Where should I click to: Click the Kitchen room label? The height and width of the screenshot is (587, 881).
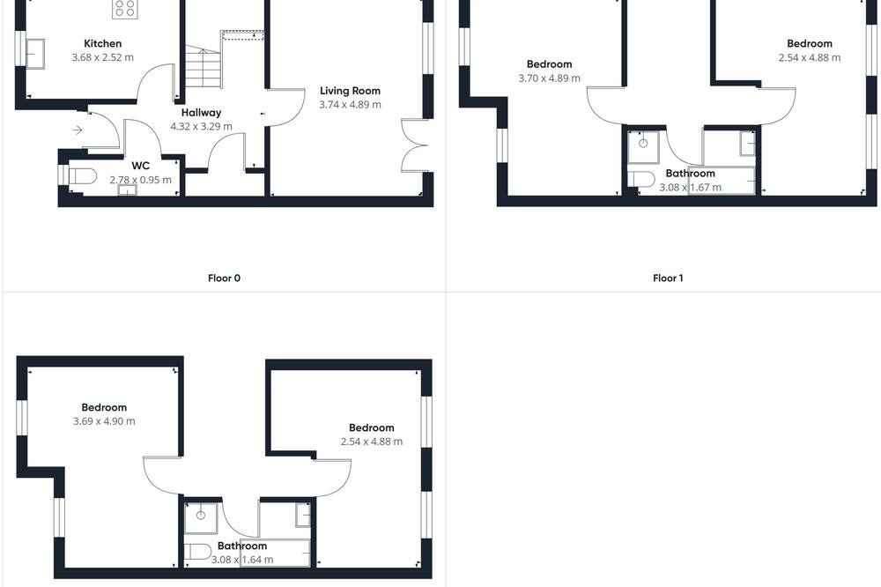(102, 43)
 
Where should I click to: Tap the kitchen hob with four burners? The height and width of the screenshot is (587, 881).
(125, 9)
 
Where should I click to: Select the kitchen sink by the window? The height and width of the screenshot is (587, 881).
(35, 54)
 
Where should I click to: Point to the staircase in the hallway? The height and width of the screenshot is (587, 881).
(203, 68)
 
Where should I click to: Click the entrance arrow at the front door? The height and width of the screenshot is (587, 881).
(78, 130)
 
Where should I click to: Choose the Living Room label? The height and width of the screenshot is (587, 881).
(350, 91)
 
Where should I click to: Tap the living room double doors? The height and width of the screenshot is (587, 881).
(415, 145)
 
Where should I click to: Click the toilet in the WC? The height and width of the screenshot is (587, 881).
(82, 176)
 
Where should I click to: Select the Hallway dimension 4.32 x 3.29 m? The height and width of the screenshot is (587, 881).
(201, 127)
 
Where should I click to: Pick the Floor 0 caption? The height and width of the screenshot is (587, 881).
(224, 278)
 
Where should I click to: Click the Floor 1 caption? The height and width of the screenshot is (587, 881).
(668, 278)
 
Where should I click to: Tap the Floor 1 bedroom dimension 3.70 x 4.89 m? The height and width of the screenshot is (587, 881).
(549, 78)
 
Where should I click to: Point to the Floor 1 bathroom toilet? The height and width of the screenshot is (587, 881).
(641, 180)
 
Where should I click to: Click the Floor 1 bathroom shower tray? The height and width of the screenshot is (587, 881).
(643, 147)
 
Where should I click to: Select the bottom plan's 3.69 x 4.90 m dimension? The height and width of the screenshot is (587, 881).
(104, 421)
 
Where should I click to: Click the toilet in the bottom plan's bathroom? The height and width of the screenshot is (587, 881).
(197, 552)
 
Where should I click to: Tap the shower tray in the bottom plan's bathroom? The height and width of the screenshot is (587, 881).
(201, 518)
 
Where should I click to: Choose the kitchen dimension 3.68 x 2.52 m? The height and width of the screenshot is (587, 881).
(103, 57)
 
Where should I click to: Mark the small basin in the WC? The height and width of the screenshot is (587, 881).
(128, 190)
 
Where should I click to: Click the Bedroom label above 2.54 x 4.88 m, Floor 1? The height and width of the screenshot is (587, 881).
(809, 43)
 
